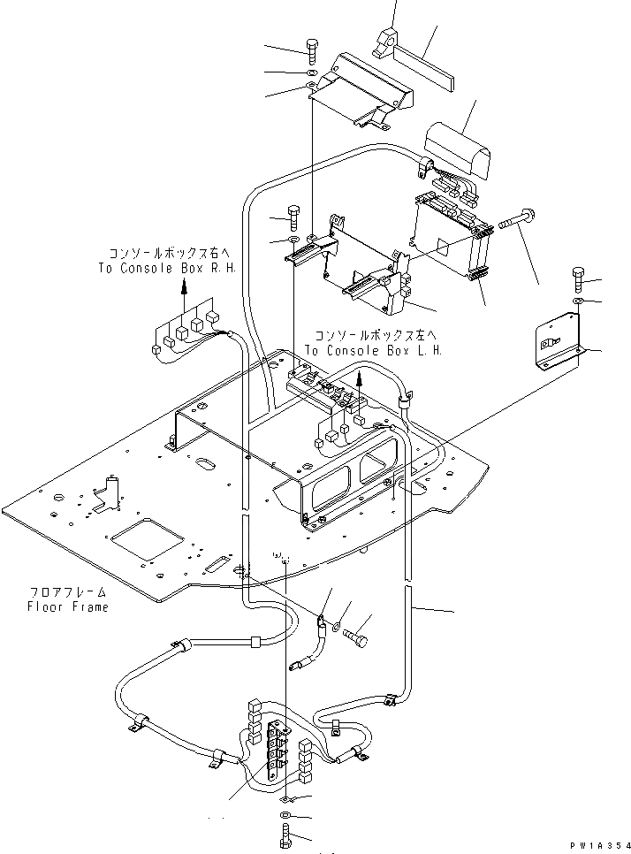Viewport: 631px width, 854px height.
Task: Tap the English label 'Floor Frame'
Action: pyautogui.click(x=69, y=606)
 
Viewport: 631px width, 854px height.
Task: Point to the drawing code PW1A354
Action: pyautogui.click(x=595, y=845)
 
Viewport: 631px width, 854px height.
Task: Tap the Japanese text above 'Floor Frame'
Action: pyautogui.click(x=67, y=592)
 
